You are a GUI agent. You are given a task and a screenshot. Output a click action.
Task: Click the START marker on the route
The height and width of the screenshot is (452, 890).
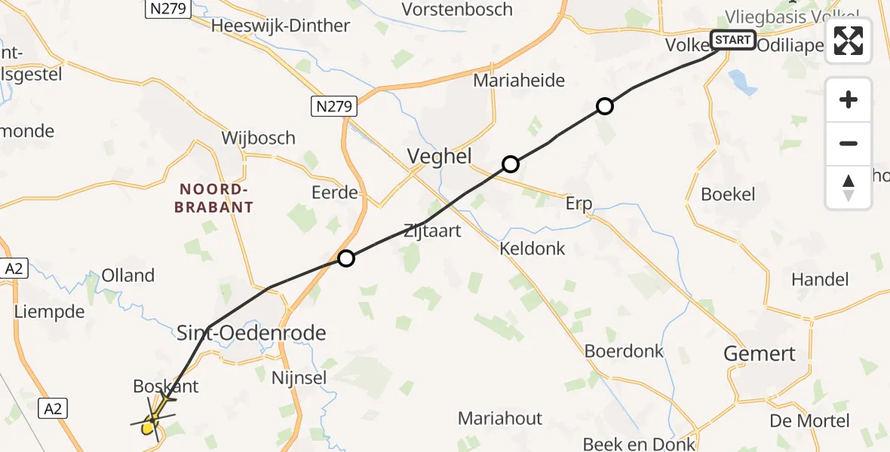[x=732, y=40]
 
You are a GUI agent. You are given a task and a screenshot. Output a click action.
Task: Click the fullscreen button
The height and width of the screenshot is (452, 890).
[x=849, y=41]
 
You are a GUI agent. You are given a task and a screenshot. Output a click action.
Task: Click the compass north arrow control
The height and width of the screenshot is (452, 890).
[x=849, y=188]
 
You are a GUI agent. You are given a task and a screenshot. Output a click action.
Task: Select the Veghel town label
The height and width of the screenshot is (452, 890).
[x=439, y=157]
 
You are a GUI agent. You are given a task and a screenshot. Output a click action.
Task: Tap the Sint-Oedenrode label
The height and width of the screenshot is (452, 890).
[x=251, y=332]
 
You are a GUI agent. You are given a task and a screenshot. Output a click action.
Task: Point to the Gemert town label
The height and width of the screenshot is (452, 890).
[x=760, y=353]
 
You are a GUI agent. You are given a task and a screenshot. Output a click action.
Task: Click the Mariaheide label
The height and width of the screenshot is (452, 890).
[x=519, y=81]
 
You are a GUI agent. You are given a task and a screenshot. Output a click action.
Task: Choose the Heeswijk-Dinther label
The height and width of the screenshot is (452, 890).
[x=281, y=26]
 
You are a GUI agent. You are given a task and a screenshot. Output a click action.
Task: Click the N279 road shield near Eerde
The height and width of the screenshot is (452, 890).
[x=333, y=107]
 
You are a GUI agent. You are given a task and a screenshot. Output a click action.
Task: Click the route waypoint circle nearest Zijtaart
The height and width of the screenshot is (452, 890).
[x=345, y=259]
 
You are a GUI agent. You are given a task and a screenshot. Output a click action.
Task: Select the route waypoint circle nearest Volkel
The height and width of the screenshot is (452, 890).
[x=604, y=106]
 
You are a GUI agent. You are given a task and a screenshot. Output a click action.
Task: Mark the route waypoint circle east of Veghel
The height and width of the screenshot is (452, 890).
[x=511, y=164]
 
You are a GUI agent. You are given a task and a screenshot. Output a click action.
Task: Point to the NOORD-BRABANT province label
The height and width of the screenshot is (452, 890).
[x=213, y=198]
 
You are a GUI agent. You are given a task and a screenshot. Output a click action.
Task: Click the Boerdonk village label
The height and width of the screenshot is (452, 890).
[x=624, y=351]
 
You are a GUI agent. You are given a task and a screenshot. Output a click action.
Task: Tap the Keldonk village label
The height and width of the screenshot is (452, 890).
[x=532, y=249]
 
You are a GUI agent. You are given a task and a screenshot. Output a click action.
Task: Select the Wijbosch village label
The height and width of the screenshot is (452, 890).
[x=258, y=139]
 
